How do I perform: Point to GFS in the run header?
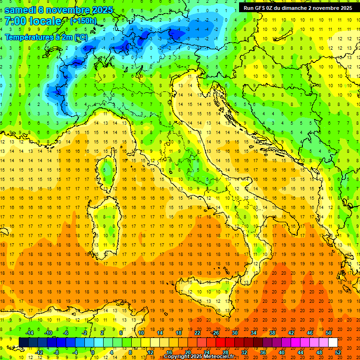pyautogui.click(x=262, y=8)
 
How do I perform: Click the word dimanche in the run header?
pyautogui.click(x=292, y=8)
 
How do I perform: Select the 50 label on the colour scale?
pyautogui.click(x=329, y=333)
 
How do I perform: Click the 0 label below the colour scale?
pyautogui.click(x=93, y=352)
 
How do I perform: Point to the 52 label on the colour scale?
pyautogui.click(x=338, y=352)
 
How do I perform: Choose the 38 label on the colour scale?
pyautogui.click(x=272, y=333)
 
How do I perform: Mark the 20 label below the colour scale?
pyautogui.click(x=187, y=352)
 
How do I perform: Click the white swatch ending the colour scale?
pyautogui.click(x=333, y=343)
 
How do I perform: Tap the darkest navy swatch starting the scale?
pyautogui.click(x=23, y=343)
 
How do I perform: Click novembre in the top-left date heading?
pyautogui.click(x=67, y=10)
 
